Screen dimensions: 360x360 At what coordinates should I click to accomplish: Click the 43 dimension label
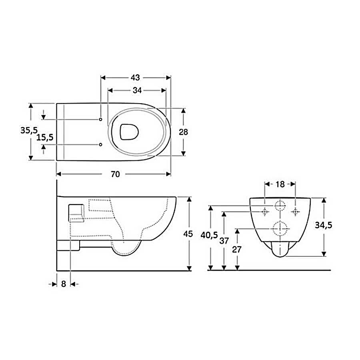tap(135, 78)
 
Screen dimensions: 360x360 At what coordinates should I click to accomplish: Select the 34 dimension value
tap(137, 90)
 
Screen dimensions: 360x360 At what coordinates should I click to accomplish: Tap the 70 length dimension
tap(115, 174)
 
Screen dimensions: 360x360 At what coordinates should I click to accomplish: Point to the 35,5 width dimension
tap(29, 130)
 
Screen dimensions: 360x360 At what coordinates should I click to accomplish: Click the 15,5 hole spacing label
tap(45, 137)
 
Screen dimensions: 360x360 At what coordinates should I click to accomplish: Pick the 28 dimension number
tap(184, 132)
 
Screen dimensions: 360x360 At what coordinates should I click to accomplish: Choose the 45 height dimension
tap(188, 234)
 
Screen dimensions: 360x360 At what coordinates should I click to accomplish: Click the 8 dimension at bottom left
tap(64, 284)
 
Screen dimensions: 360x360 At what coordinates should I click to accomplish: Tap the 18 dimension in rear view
tap(280, 184)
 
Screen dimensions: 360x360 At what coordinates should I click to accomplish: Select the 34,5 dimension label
tap(324, 225)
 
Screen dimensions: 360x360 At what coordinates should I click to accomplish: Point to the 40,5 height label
tap(209, 235)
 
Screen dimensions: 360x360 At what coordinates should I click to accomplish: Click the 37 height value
tap(224, 241)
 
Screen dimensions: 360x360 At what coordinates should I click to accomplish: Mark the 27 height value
tap(237, 249)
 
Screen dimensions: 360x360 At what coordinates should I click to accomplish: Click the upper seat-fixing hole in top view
tap(100, 119)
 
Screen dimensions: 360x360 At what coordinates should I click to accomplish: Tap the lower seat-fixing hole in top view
tap(100, 144)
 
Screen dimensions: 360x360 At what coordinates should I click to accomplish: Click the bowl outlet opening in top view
tap(129, 132)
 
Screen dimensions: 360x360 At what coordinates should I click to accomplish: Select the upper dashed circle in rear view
tap(280, 206)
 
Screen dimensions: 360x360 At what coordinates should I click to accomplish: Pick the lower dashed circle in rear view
tap(280, 229)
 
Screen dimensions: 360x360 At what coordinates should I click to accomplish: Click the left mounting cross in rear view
tap(265, 212)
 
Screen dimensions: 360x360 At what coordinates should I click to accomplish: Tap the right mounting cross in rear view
tap(295, 212)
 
